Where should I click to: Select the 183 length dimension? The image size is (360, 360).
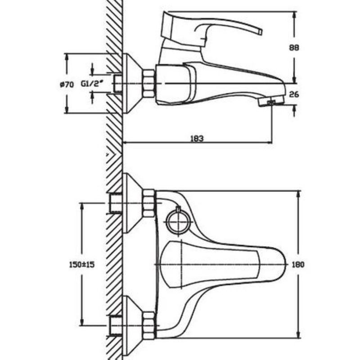[x=197, y=139]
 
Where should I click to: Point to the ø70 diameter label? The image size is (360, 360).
[x=66, y=84]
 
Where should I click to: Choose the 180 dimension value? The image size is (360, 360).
[x=298, y=265]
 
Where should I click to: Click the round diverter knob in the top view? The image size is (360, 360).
[x=177, y=221]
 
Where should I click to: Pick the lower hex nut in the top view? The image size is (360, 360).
[x=148, y=325]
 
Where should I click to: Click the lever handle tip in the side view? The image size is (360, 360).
[x=260, y=31]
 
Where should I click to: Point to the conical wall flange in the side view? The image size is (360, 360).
[x=131, y=83]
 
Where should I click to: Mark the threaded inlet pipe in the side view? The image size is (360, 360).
[x=118, y=84]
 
